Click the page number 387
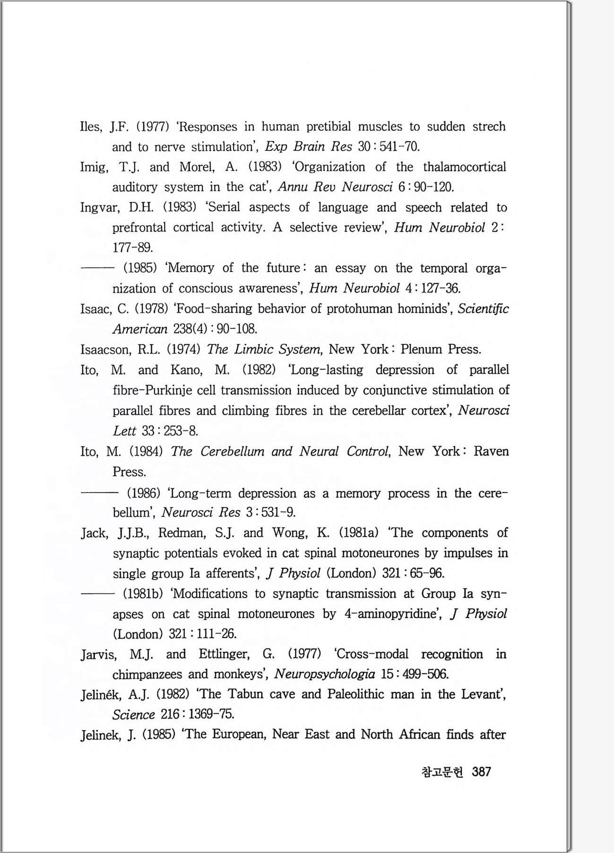[481, 772]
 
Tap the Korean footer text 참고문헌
[441, 772]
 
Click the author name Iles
[91, 127]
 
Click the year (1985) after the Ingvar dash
[140, 268]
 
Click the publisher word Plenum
[422, 350]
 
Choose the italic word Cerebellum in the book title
[232, 452]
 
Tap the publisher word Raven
[491, 452]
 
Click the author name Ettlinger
[224, 654]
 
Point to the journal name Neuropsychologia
[324, 674]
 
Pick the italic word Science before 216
[134, 715]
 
